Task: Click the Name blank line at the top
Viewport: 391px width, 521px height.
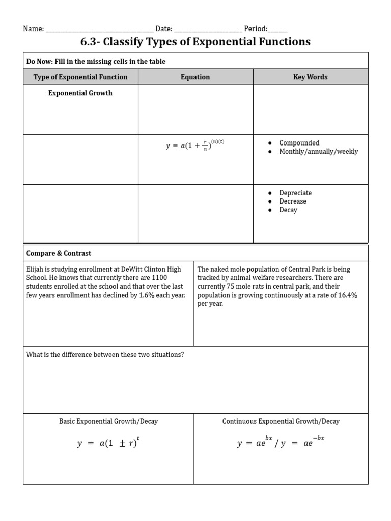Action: (x=99, y=30)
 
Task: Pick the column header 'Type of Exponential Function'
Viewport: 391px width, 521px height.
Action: (x=80, y=77)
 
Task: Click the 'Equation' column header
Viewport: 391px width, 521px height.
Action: (x=195, y=77)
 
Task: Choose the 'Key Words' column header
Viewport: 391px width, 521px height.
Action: (x=310, y=77)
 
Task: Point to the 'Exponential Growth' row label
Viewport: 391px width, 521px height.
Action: (x=80, y=93)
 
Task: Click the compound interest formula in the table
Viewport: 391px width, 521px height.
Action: (x=195, y=146)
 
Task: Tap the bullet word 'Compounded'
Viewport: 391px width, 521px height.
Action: (x=299, y=143)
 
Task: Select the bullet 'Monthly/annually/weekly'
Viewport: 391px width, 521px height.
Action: (x=318, y=152)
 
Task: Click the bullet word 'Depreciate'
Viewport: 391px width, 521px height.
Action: (x=295, y=193)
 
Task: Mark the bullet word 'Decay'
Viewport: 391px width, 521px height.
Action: (x=288, y=210)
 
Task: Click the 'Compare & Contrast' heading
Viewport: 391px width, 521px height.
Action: (x=59, y=253)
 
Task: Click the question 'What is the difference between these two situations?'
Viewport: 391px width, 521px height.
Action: (x=105, y=355)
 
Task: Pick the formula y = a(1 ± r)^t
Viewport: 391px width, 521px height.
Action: (x=108, y=443)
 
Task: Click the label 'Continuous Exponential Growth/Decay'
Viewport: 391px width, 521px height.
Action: (x=281, y=421)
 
